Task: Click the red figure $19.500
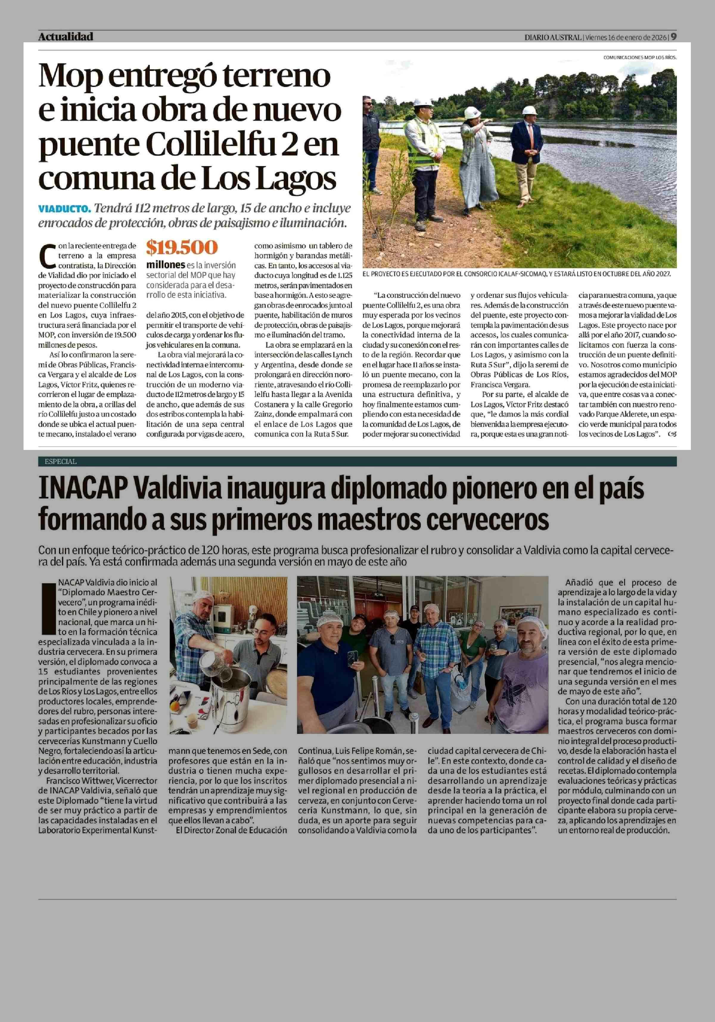[x=182, y=248]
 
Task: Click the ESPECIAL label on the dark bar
[x=60, y=462]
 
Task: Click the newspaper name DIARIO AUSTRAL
[x=553, y=37]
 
